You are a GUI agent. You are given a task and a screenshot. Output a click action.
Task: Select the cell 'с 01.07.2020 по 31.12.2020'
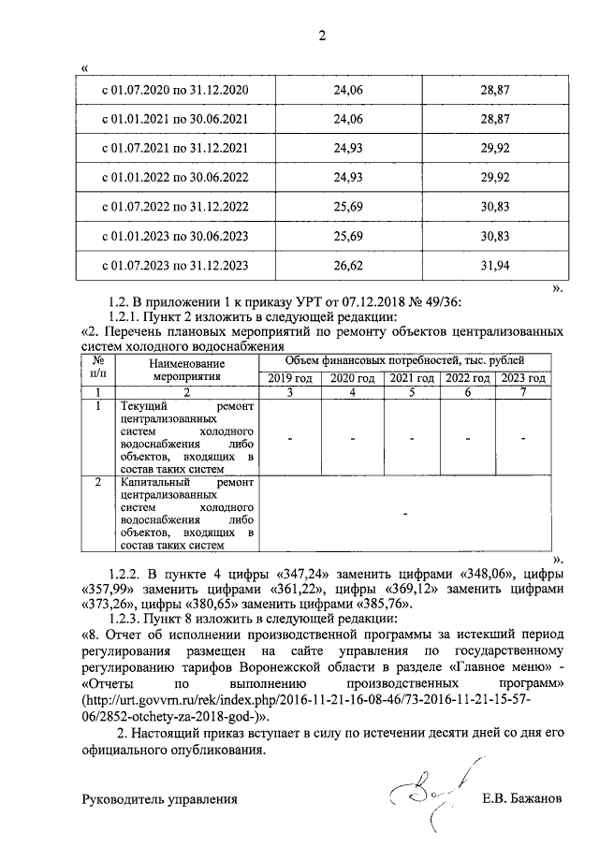click(174, 90)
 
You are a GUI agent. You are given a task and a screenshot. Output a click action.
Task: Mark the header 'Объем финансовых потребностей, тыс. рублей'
click(404, 360)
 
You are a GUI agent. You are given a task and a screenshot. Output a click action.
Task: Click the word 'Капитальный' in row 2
click(153, 480)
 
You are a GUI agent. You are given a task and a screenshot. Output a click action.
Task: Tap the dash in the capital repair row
click(404, 514)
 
